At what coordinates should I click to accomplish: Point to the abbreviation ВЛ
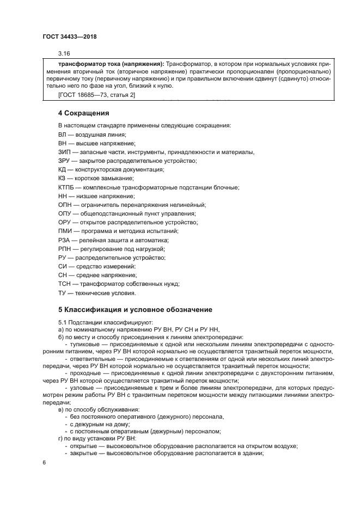pyautogui.click(x=63, y=134)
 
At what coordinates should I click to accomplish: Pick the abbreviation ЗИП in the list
pyautogui.click(x=64, y=152)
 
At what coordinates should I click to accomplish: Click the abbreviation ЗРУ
pyautogui.click(x=64, y=161)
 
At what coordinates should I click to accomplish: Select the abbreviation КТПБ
pyautogui.click(x=66, y=187)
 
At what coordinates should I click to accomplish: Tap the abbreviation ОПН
pyautogui.click(x=65, y=205)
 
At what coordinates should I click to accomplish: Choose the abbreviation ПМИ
pyautogui.click(x=65, y=231)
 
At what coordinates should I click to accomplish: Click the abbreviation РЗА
pyautogui.click(x=64, y=240)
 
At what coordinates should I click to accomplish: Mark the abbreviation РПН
pyautogui.click(x=65, y=249)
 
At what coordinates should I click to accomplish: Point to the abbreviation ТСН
pyautogui.click(x=65, y=284)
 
